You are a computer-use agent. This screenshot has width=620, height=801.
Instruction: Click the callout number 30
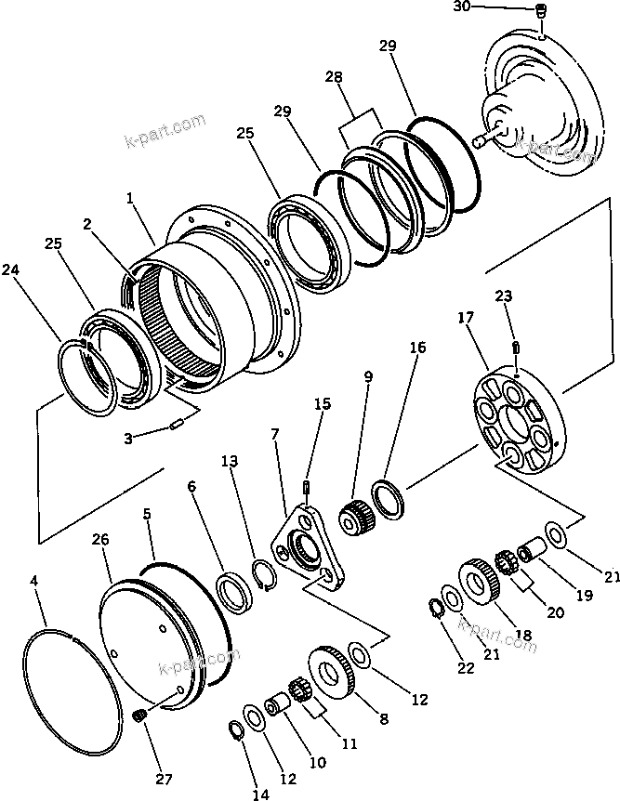[x=462, y=7]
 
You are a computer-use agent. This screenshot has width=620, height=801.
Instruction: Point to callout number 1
[x=130, y=198]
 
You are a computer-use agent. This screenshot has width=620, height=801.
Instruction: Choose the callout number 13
[x=229, y=461]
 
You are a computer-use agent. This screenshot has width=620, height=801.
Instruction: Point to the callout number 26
[x=101, y=539]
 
